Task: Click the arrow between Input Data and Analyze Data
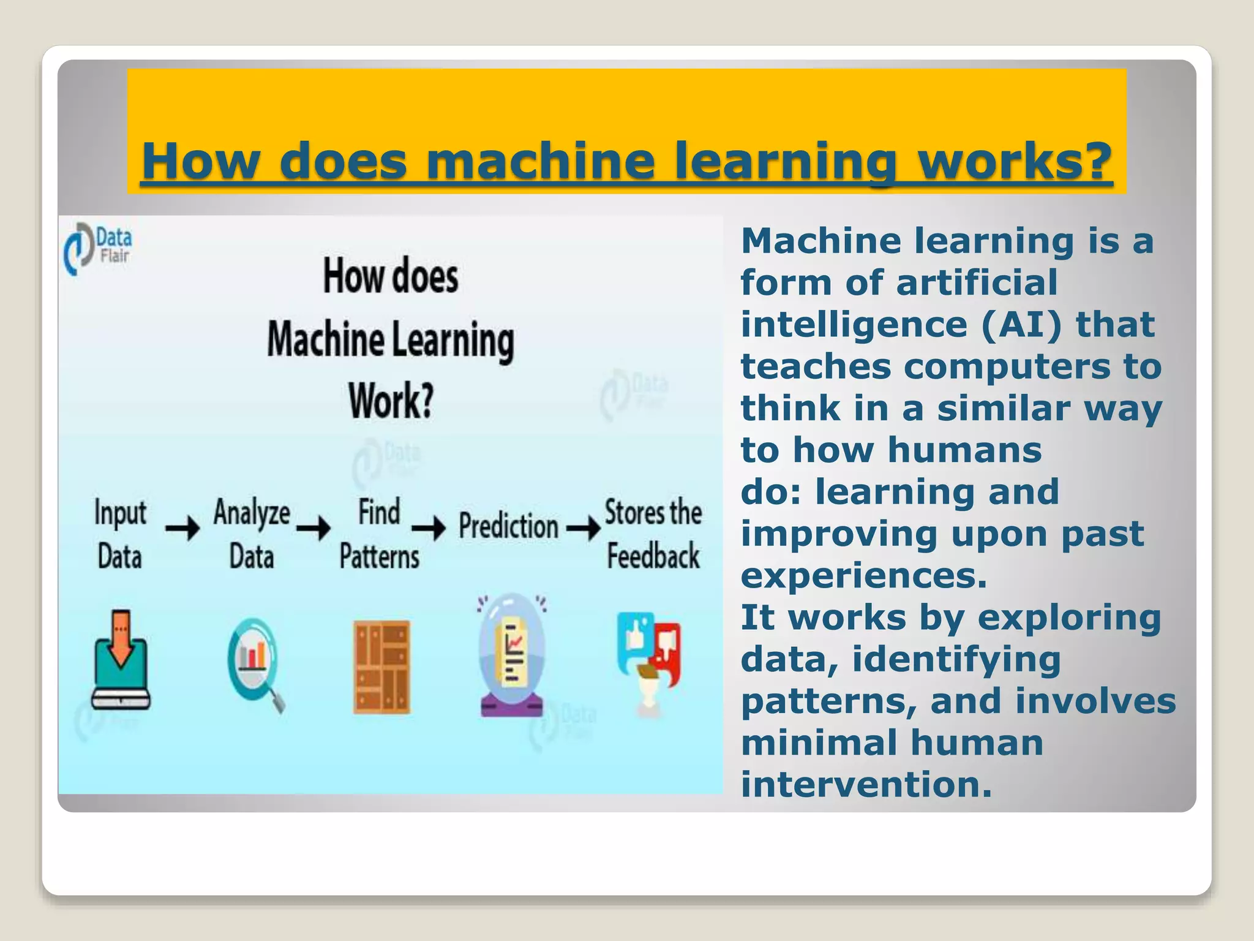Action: tap(182, 527)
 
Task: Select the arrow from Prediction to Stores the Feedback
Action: tap(584, 527)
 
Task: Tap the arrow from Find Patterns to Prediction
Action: tap(429, 527)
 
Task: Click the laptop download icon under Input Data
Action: tap(121, 660)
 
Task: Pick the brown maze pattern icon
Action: tap(381, 667)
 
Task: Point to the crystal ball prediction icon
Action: tap(512, 655)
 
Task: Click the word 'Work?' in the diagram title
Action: tap(391, 401)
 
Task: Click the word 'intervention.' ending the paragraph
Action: tap(866, 785)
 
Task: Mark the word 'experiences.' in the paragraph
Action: tap(864, 576)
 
